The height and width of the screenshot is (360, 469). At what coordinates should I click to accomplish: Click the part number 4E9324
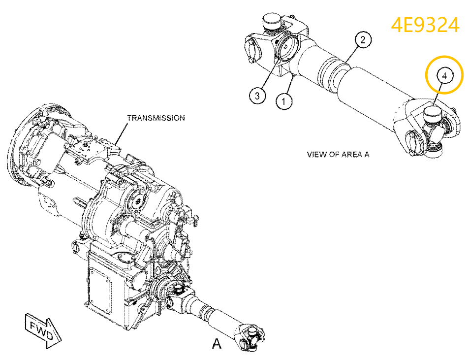click(425, 25)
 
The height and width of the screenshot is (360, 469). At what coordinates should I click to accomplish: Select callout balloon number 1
click(284, 102)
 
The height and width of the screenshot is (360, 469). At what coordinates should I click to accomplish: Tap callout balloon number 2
click(363, 40)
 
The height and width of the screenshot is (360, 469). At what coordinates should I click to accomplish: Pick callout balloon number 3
click(257, 95)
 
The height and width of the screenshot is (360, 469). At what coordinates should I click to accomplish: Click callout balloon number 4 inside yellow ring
click(444, 76)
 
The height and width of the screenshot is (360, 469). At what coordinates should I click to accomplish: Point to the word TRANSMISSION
click(156, 118)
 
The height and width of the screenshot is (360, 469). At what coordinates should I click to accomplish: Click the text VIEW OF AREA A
click(338, 155)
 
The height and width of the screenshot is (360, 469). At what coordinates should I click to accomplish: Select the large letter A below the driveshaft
click(217, 343)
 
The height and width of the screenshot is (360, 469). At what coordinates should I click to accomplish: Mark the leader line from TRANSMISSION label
click(120, 133)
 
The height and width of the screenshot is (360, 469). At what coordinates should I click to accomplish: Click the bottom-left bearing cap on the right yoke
click(412, 144)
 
